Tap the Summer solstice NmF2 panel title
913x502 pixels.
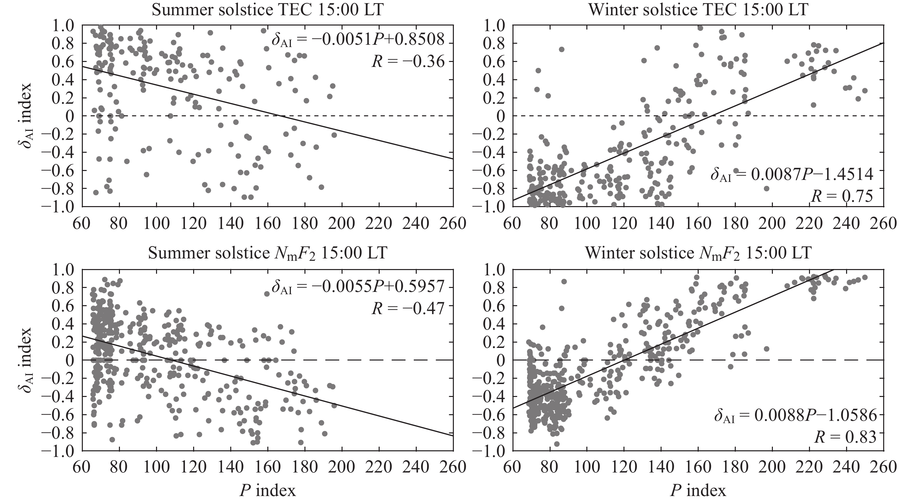tap(268, 254)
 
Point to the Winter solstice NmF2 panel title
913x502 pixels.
tap(698, 254)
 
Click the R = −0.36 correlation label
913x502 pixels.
tap(407, 62)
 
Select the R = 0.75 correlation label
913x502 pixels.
tap(842, 196)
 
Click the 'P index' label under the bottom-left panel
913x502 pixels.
tap(268, 491)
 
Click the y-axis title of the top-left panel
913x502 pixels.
tap(25, 116)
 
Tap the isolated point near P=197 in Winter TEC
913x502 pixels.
tap(766, 189)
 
